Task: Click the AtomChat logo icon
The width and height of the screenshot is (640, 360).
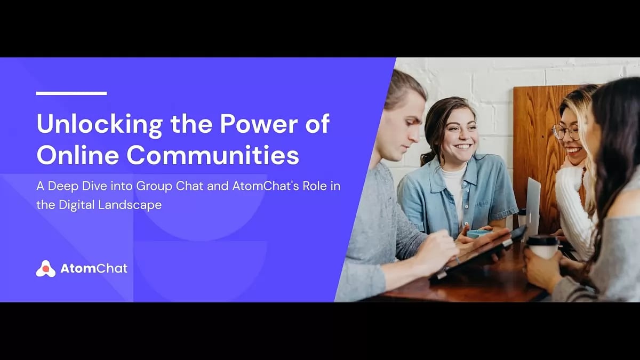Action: coord(46,269)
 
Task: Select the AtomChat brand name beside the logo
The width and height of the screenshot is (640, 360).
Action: coord(94,269)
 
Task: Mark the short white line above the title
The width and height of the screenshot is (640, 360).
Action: coord(71,93)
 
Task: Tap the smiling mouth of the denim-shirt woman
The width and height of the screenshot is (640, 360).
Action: coord(463,146)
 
